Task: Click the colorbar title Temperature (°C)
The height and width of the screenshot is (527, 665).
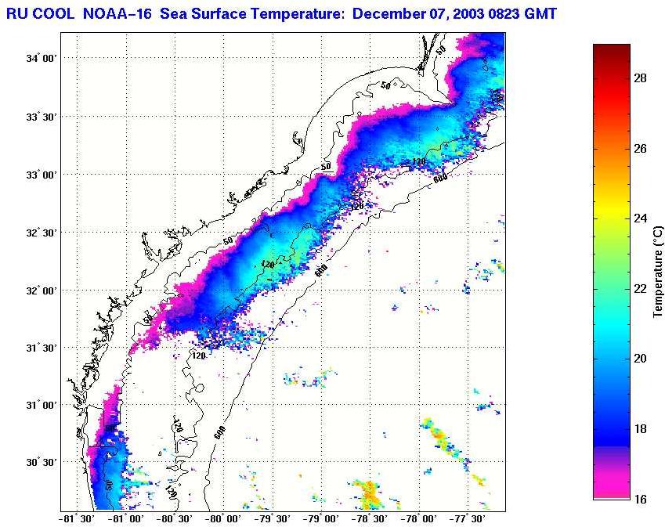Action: click(658, 271)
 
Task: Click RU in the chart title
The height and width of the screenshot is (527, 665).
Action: click(16, 13)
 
